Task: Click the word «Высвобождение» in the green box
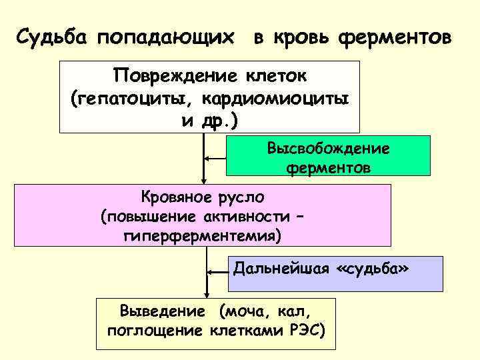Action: tap(329, 147)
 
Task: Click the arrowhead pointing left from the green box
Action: tap(207, 158)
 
